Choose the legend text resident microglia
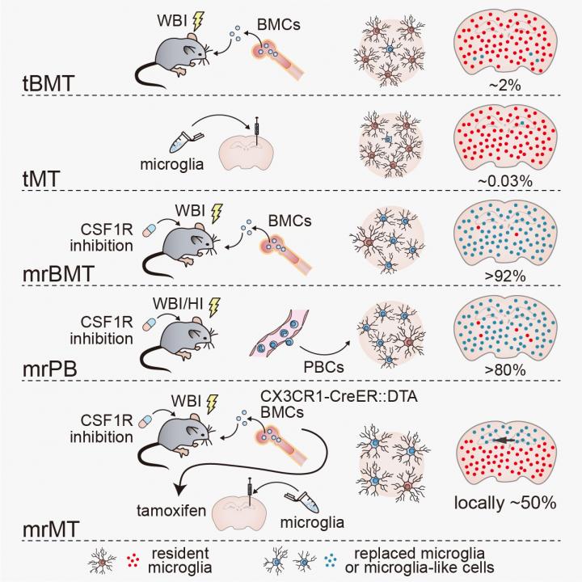click(187, 559)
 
